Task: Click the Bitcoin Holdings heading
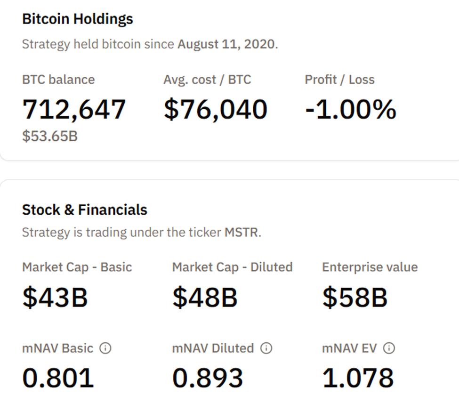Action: click(78, 19)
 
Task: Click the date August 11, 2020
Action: click(226, 45)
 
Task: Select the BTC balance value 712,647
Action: click(74, 109)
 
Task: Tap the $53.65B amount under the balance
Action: click(50, 137)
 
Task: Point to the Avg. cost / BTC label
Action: click(207, 80)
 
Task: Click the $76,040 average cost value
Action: click(215, 109)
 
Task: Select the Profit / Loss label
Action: click(339, 80)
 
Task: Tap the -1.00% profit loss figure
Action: click(351, 109)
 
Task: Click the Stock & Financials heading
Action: click(85, 210)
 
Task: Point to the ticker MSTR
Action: click(242, 233)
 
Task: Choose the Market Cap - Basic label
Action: click(77, 267)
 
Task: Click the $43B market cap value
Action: click(55, 298)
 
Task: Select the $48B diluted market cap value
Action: click(205, 298)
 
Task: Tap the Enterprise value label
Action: click(370, 267)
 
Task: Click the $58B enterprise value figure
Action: click(355, 298)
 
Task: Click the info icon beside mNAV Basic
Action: click(106, 348)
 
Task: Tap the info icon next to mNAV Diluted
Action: click(266, 348)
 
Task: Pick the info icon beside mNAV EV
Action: click(389, 348)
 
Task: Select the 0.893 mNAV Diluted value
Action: click(208, 378)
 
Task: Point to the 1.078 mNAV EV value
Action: click(358, 378)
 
